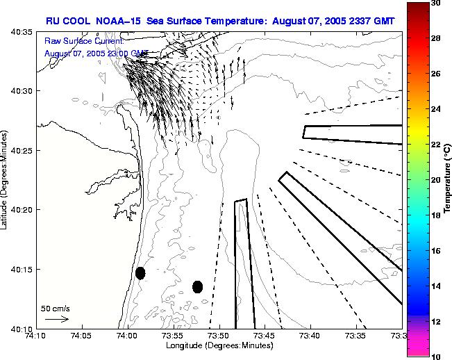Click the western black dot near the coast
point(140,273)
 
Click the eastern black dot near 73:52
point(197,286)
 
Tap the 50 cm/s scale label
point(56,308)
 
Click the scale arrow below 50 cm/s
point(56,319)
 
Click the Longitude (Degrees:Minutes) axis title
point(218,345)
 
